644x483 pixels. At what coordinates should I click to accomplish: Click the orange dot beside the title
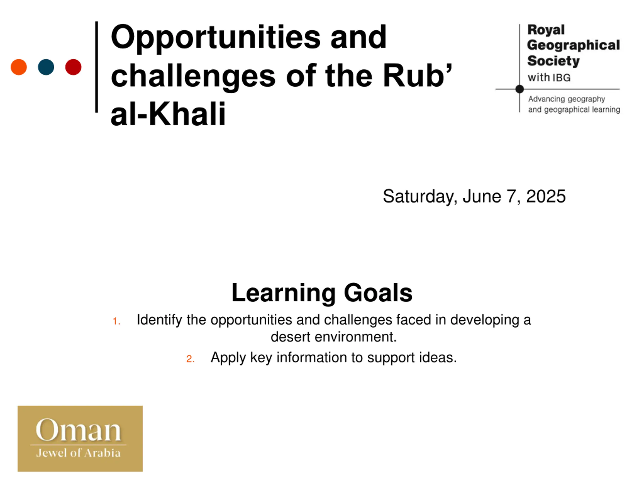coord(19,67)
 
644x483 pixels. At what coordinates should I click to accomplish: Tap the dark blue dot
coord(46,67)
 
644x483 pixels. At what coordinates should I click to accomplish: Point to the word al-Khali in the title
coord(168,114)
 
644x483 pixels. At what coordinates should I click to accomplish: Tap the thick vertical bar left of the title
coord(97,67)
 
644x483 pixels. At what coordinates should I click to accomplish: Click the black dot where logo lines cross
coord(520,89)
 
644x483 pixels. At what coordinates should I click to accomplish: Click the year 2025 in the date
coord(546,196)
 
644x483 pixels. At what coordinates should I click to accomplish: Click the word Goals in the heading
coord(378,293)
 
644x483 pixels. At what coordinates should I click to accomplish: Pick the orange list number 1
coord(116,321)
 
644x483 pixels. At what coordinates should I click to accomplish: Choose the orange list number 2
coord(190,359)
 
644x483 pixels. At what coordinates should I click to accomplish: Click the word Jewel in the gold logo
coord(52,453)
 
